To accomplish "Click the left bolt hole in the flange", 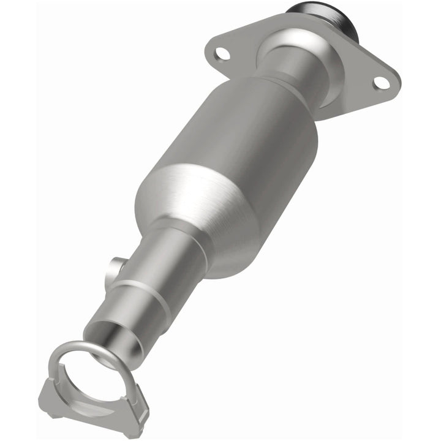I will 223,53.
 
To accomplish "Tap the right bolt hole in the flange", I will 381,81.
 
